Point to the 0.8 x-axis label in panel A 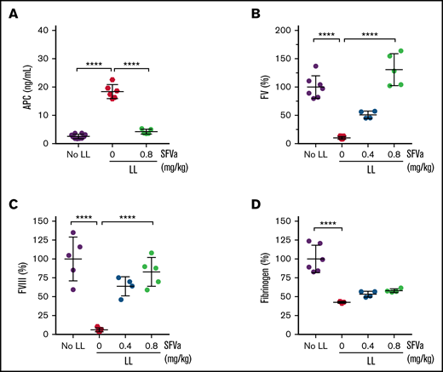(x=147, y=154)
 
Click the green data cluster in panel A (x=147, y=131)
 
